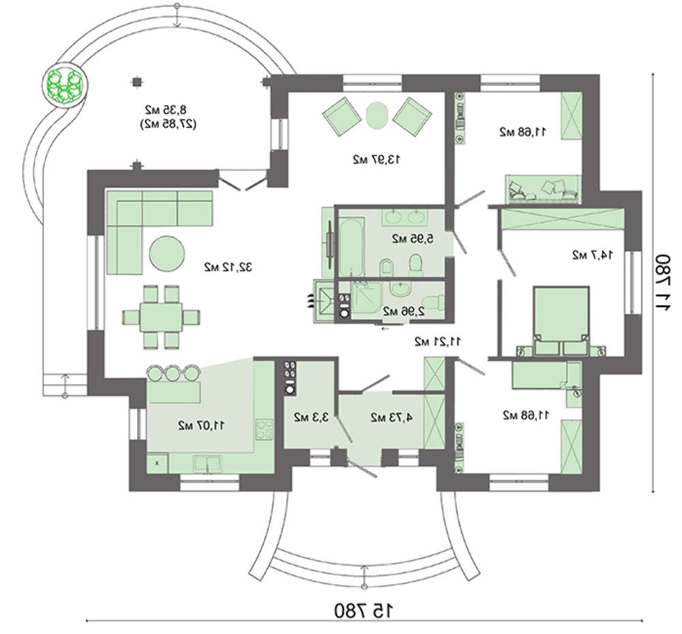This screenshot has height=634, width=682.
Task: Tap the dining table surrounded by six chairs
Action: coord(161,317)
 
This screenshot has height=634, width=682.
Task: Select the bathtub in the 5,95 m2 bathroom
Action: coord(351,247)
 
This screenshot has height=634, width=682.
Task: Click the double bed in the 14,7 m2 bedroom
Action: coord(561,320)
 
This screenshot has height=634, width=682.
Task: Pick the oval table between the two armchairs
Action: coord(376,115)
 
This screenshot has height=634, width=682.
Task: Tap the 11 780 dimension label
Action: coord(664,283)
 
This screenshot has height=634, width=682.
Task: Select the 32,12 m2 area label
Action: coord(228,267)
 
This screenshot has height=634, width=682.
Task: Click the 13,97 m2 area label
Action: coord(376,160)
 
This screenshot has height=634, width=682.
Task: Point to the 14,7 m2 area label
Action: coord(593,255)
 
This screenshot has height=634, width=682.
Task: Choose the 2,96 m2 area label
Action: coord(404,312)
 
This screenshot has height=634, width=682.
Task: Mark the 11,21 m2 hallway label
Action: coord(438,342)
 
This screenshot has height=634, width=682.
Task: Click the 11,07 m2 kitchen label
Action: coord(201,425)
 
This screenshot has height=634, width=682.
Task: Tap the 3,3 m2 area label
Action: coord(311,418)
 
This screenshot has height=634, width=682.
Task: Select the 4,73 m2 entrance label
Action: coord(391,418)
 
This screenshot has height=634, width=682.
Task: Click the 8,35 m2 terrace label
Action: coord(166,109)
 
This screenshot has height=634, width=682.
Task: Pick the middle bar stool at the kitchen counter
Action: coord(173,373)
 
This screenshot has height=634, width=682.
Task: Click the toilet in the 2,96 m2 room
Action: coord(434,301)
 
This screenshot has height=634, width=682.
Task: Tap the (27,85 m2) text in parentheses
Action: coord(168,124)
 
